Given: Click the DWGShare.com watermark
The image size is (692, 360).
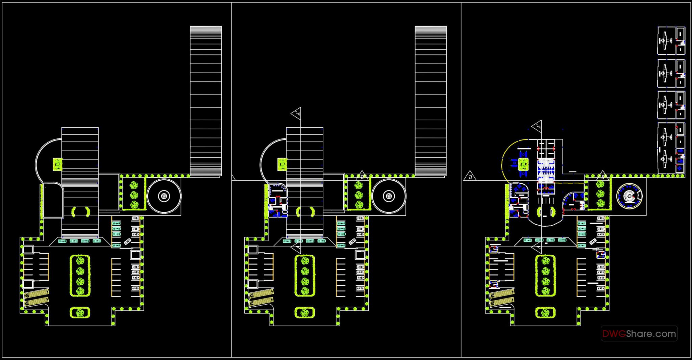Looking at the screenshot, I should (639, 334).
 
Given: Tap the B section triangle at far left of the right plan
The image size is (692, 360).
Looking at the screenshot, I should (470, 176).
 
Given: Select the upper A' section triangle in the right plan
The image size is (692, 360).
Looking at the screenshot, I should (537, 126).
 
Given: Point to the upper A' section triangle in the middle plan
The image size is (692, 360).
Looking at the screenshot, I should (297, 113).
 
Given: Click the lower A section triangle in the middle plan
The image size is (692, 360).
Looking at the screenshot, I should (296, 249).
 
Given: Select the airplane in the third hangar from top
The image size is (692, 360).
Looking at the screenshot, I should (664, 105).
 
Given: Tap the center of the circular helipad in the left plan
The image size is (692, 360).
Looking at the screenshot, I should (164, 196).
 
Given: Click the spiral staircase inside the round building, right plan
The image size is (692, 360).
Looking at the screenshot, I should (629, 196).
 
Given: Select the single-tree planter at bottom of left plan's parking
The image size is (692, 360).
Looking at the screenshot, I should (80, 312).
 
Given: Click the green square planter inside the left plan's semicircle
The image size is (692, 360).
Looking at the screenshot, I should (58, 164).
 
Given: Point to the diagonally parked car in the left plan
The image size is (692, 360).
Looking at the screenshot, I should (127, 241).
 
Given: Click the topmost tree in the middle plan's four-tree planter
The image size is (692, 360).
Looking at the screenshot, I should (305, 260).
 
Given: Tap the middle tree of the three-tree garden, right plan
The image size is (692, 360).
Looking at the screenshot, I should (600, 194).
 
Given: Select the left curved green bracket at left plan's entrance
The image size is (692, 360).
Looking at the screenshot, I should (73, 212).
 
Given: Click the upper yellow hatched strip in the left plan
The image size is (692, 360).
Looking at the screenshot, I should (36, 293).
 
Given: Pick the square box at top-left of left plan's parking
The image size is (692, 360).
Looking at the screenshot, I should (28, 250).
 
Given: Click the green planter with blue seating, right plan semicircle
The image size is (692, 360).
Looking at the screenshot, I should (523, 164).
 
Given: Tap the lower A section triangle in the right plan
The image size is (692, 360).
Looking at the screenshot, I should (536, 248).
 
